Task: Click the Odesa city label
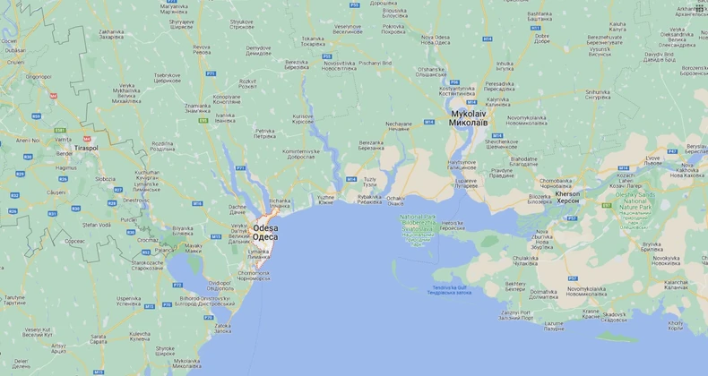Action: pos(265,232)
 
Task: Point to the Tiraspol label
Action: pos(87,148)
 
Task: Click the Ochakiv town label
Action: pos(395,199)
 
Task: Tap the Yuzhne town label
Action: pos(325,199)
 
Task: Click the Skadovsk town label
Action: pos(615,315)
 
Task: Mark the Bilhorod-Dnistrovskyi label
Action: pos(202,299)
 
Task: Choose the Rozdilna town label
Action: pos(162,144)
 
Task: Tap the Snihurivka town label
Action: pos(598,94)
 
